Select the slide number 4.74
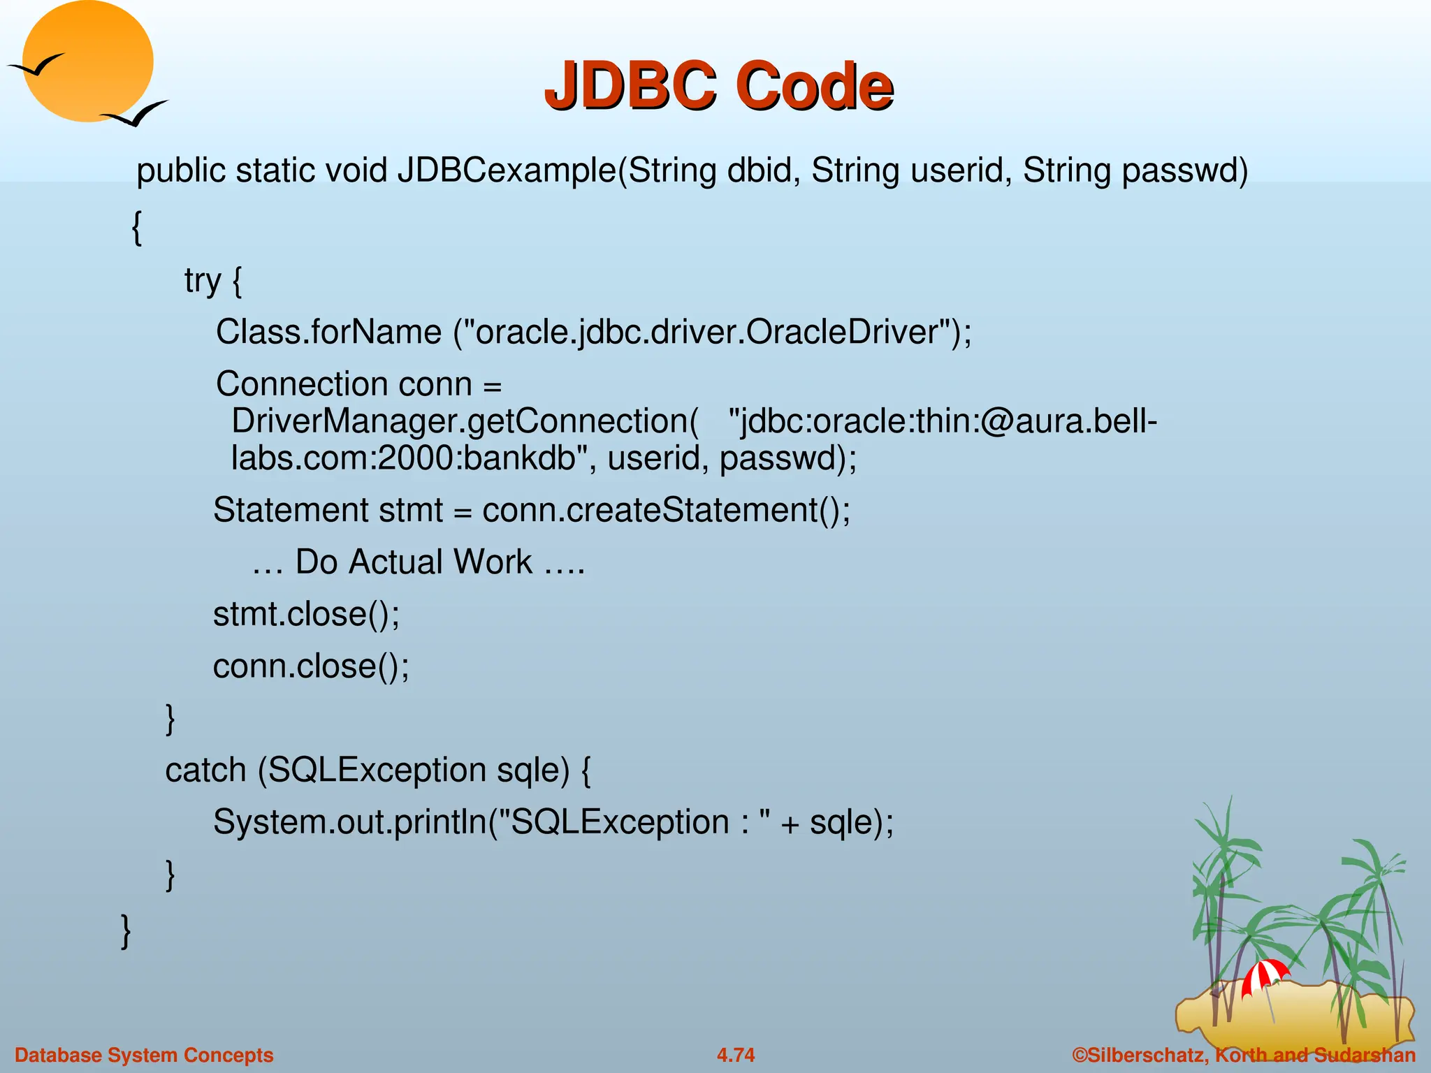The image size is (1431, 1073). [736, 1055]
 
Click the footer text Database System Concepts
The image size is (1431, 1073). [144, 1055]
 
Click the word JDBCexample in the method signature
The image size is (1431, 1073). [507, 170]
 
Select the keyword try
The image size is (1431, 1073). [202, 281]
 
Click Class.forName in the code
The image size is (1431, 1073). [328, 332]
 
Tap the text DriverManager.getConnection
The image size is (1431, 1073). [464, 421]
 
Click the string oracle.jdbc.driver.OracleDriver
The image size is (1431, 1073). [706, 332]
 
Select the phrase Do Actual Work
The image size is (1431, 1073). [414, 562]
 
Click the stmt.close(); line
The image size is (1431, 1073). [306, 614]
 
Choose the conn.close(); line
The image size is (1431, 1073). [311, 666]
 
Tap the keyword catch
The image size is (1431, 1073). [205, 771]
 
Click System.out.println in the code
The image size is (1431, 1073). [349, 822]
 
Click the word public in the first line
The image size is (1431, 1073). [181, 172]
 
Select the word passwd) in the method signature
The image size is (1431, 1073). [1184, 172]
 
